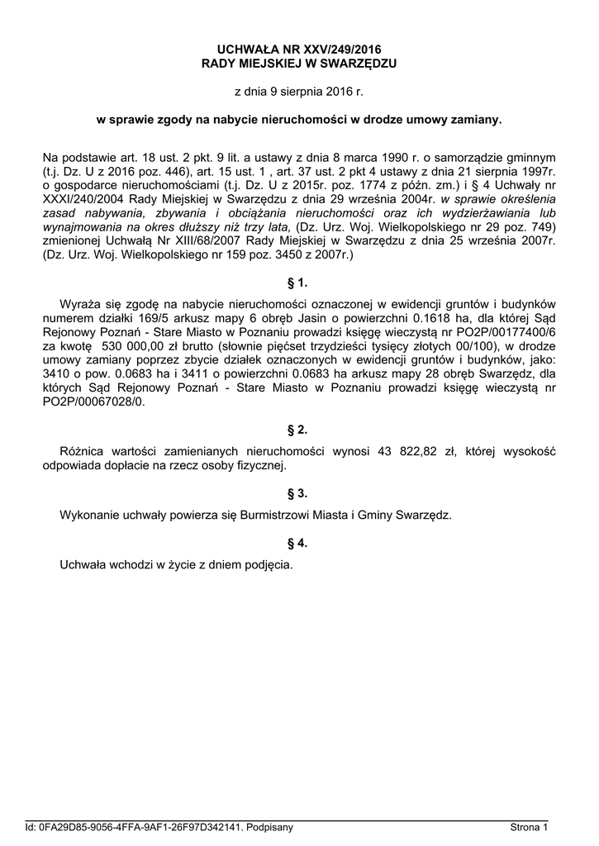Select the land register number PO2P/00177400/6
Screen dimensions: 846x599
click(x=503, y=334)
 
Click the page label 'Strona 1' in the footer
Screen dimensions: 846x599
click(x=529, y=827)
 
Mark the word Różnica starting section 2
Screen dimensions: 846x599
click(x=85, y=452)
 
